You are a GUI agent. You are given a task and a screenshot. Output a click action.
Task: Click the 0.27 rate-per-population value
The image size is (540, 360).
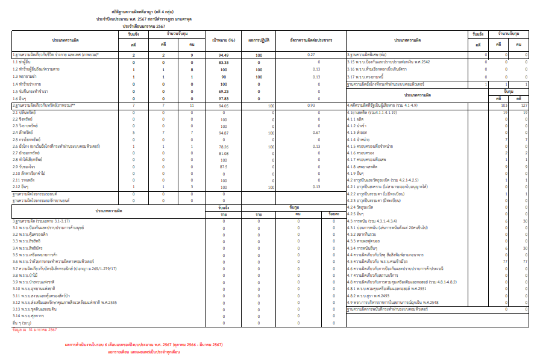tap(312, 55)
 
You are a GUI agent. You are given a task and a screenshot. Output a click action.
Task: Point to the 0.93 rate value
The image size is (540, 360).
tap(312, 106)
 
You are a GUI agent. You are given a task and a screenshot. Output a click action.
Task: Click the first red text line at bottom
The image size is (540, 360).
tap(144, 344)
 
